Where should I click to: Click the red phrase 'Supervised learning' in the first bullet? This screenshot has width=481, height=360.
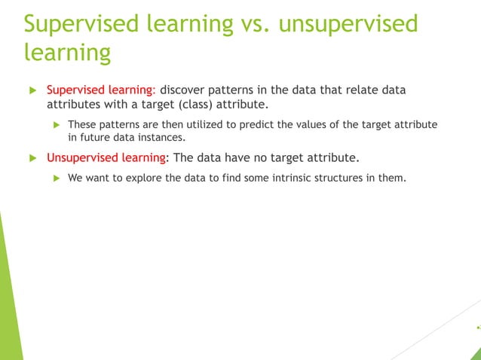[100, 90]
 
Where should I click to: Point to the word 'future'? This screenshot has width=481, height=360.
[96, 138]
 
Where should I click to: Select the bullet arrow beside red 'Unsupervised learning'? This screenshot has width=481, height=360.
[32, 158]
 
